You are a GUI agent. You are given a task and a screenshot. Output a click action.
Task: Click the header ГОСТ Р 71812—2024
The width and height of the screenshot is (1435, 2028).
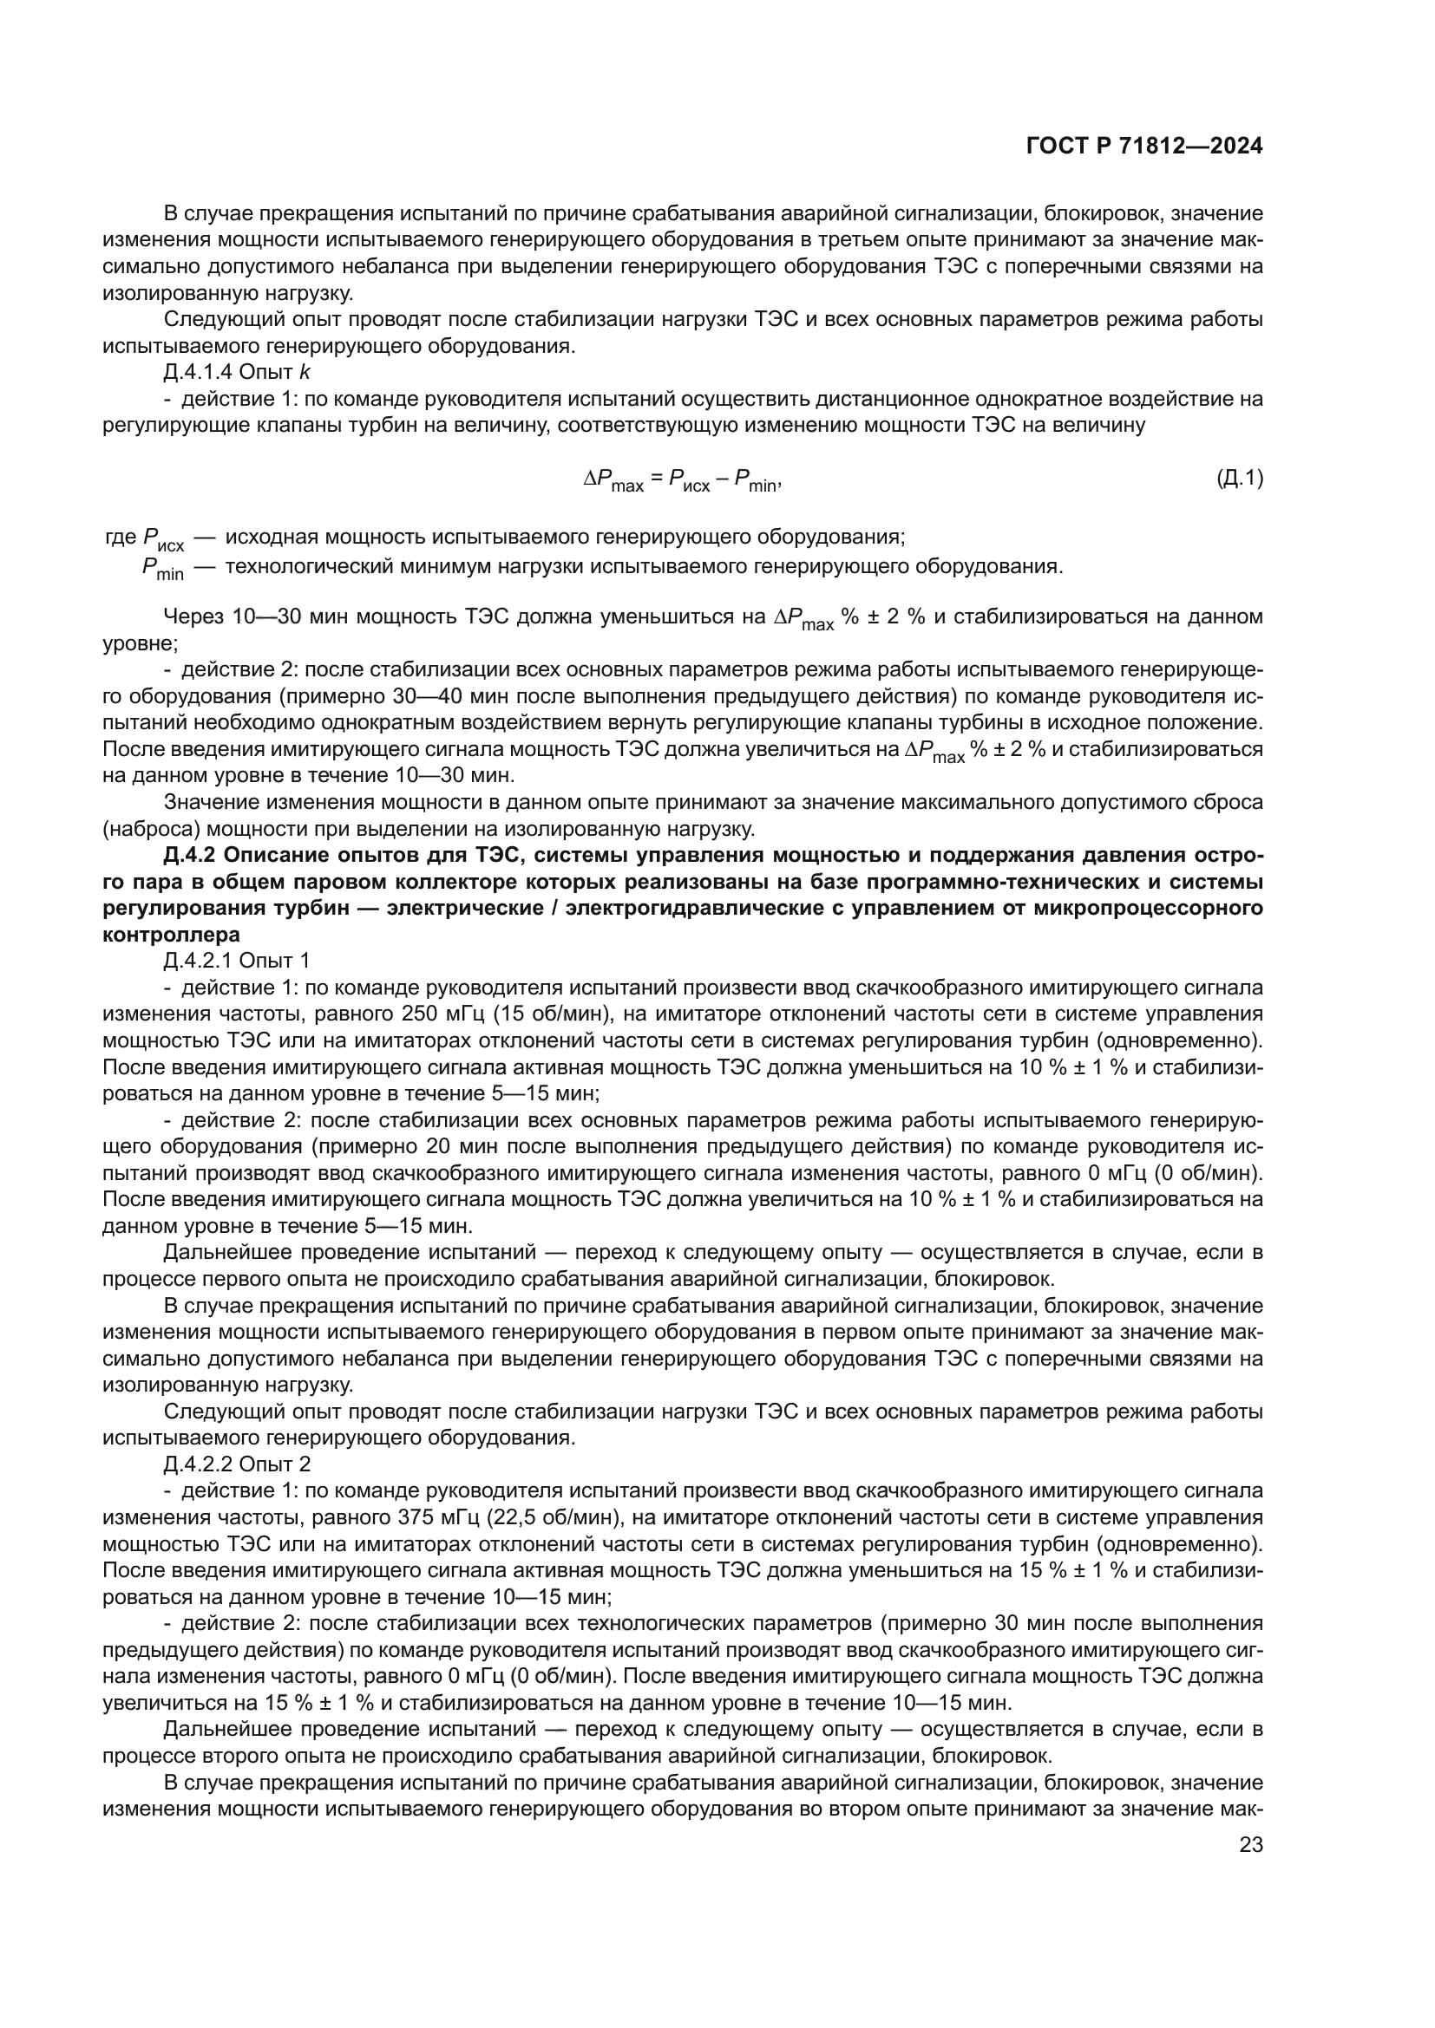click(x=1144, y=147)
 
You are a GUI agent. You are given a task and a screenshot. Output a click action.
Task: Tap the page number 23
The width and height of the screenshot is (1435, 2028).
click(x=1251, y=1845)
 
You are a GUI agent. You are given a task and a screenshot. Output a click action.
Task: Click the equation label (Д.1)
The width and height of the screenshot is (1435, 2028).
click(x=1239, y=479)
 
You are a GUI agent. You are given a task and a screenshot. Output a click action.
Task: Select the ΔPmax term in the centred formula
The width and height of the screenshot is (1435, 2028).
click(x=613, y=481)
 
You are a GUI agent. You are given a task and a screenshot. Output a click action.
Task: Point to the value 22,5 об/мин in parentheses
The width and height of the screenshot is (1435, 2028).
click(x=554, y=1517)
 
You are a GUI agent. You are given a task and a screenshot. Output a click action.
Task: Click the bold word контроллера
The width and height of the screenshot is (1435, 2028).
click(x=172, y=935)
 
